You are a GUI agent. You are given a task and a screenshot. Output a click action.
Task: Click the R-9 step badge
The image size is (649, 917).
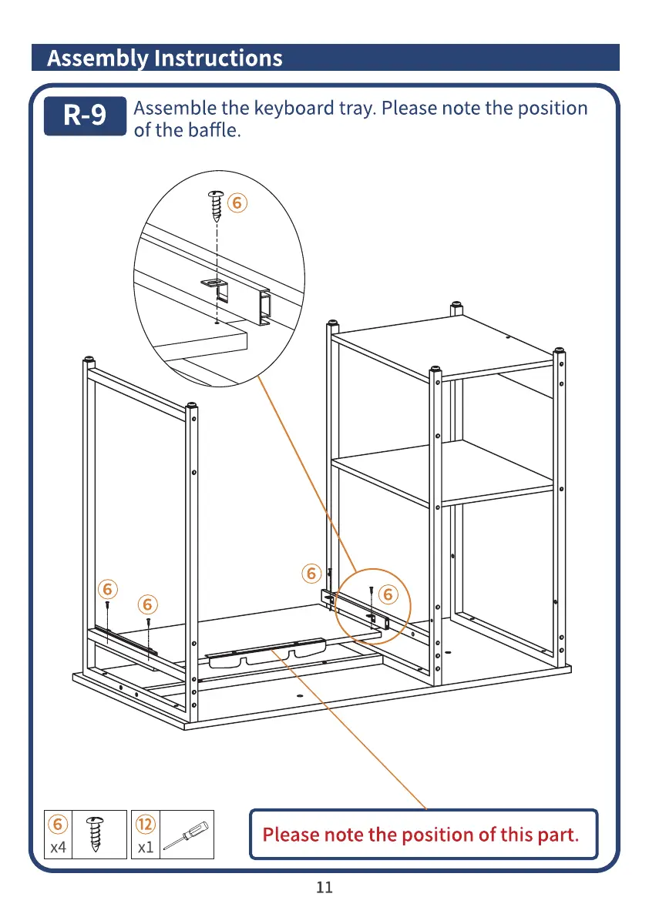(85, 115)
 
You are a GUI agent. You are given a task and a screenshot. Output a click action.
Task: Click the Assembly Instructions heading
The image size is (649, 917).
(165, 59)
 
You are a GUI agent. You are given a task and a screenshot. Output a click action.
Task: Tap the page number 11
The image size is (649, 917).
(324, 887)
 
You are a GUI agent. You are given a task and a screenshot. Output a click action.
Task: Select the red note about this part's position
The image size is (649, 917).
(421, 834)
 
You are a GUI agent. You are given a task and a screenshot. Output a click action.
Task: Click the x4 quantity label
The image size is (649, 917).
(58, 848)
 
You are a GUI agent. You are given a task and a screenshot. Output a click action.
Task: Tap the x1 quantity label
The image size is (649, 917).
(145, 848)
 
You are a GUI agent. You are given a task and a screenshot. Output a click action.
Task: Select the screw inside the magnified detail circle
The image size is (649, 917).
(217, 204)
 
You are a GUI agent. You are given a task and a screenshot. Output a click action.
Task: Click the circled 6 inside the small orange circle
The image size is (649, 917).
(388, 594)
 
